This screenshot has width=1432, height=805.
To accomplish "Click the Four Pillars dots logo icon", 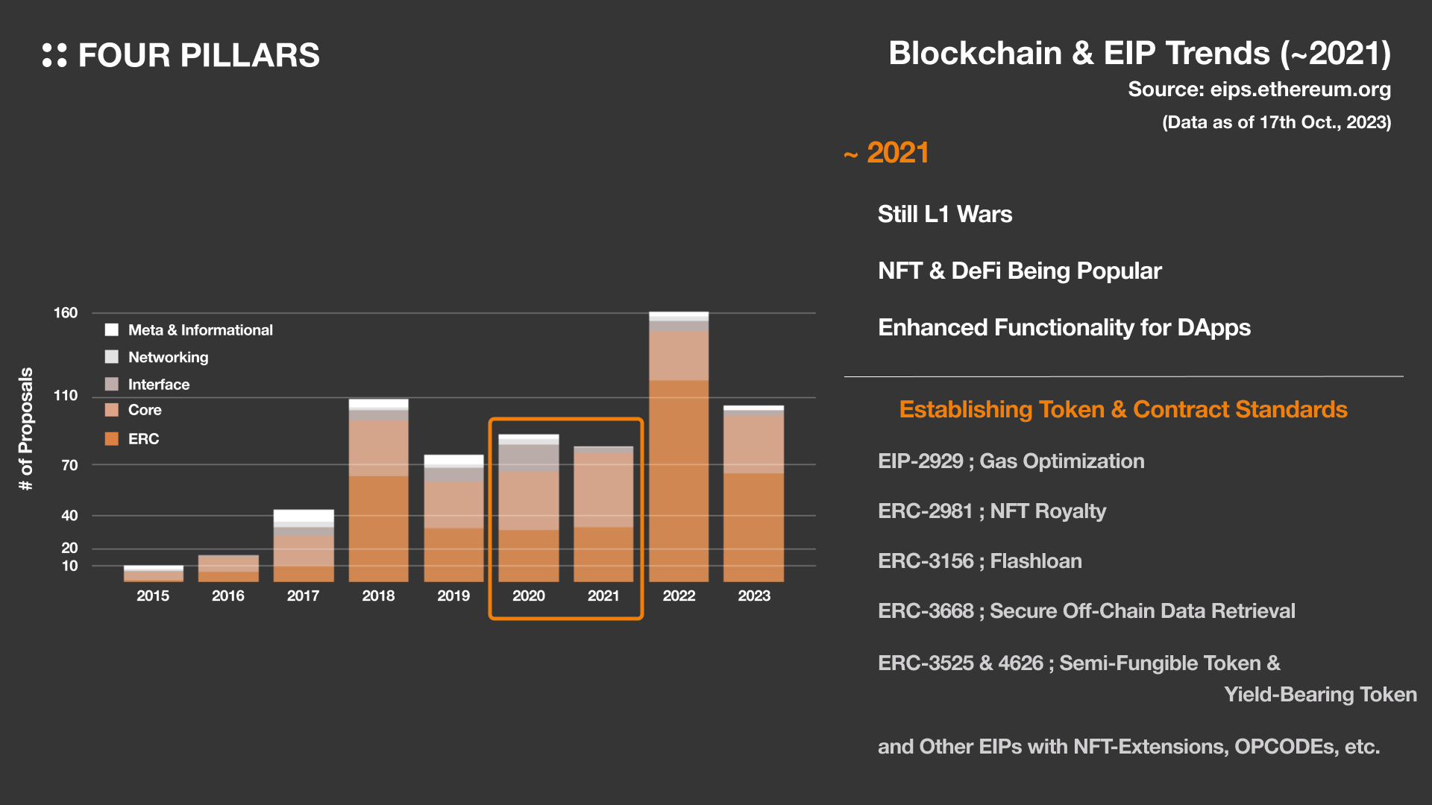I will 54,55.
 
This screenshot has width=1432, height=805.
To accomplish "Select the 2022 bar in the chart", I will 679,447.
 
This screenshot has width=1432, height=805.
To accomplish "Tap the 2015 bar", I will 153,573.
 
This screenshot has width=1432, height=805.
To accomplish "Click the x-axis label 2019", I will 453,596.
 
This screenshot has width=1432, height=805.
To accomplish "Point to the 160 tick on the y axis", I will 66,313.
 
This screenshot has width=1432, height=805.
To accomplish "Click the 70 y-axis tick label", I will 69,465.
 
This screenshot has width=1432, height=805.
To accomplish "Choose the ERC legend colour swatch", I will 112,439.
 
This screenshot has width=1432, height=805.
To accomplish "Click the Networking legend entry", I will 168,357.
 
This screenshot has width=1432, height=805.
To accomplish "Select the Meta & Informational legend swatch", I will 112,329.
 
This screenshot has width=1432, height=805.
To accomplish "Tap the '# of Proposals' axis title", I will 26,429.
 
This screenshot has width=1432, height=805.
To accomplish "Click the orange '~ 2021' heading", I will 887,153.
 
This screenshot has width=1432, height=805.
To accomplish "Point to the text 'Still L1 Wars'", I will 945,214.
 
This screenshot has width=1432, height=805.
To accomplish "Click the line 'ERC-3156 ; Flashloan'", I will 979,561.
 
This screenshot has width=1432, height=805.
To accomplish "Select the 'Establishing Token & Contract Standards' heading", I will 1122,409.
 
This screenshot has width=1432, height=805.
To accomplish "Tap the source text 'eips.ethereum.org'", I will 1300,89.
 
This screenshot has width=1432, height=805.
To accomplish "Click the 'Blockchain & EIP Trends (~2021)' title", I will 1139,54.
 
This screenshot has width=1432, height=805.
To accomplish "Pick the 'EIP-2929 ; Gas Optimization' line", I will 1011,461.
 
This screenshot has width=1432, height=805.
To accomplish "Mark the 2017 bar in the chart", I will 304,546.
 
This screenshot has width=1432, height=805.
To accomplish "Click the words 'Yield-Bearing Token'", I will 1320,694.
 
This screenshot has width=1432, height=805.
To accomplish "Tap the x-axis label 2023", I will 754,596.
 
